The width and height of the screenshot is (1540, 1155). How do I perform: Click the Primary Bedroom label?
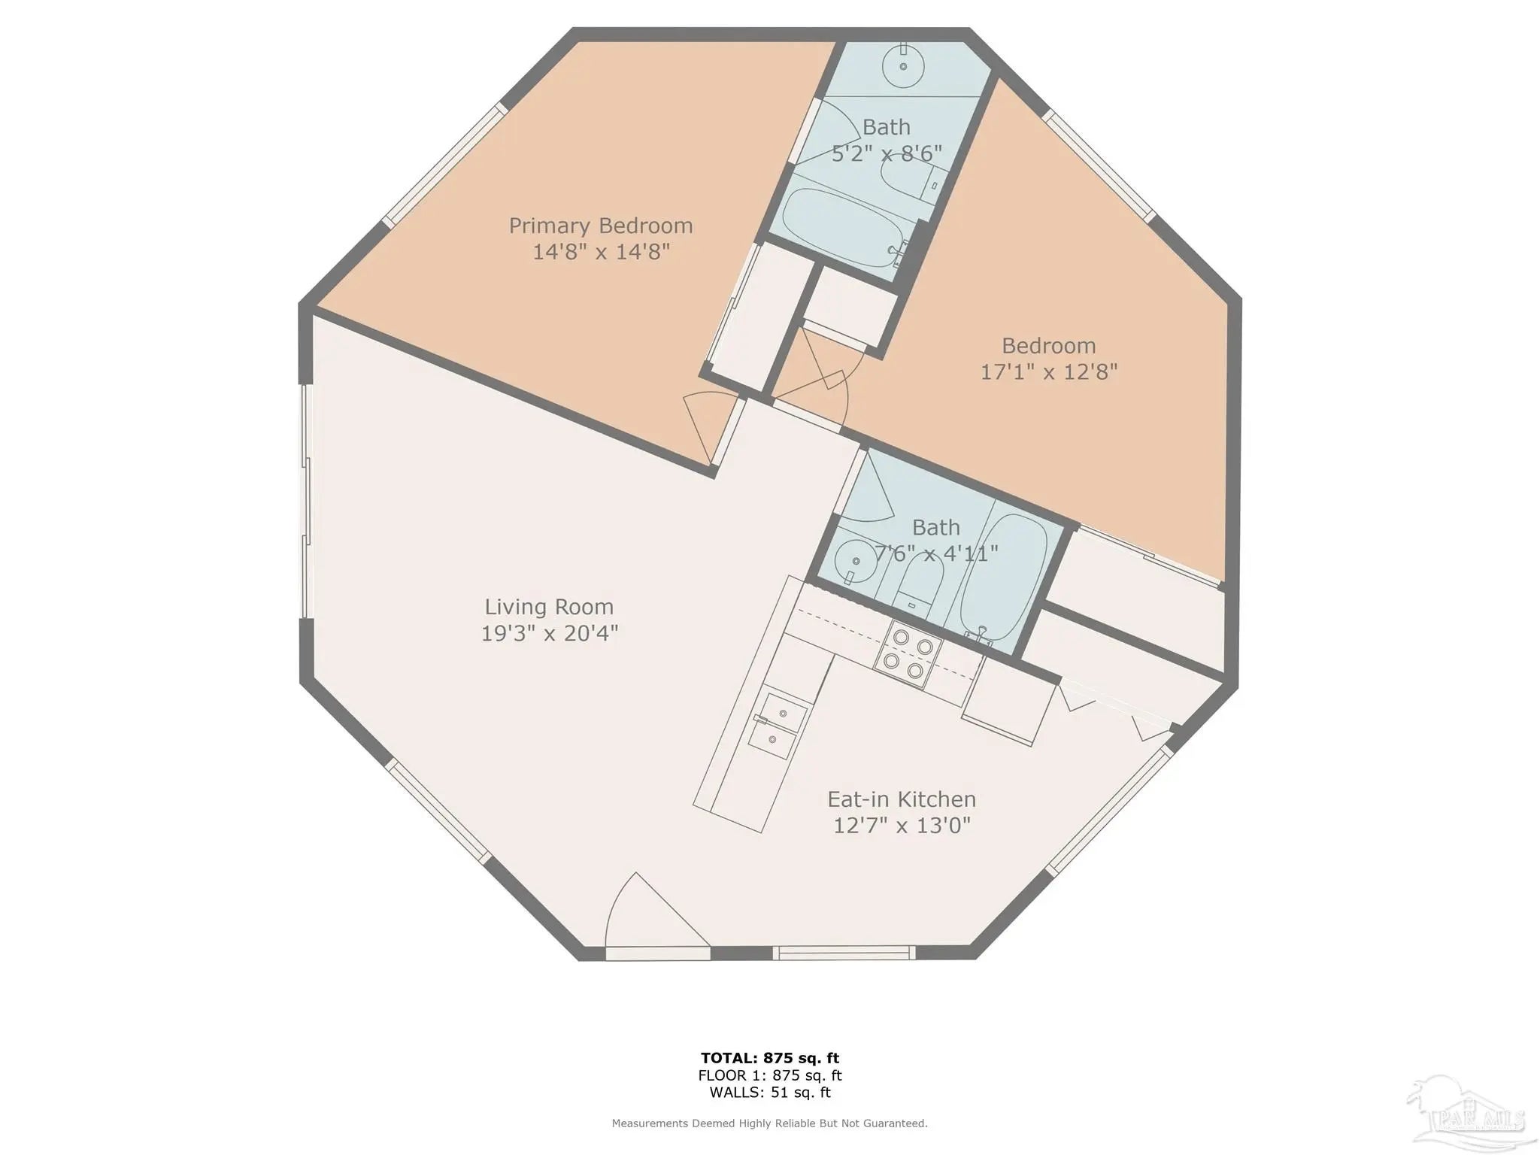[601, 226]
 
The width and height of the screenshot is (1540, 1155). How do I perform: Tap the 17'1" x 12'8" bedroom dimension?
[1049, 371]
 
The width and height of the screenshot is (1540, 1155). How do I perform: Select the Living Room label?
[549, 607]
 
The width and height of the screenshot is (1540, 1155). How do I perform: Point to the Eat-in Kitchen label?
[902, 799]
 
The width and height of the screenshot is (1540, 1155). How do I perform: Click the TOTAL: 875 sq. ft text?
[770, 1059]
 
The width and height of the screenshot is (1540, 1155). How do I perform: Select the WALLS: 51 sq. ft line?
[770, 1093]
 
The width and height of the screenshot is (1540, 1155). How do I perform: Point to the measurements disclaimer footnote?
[770, 1123]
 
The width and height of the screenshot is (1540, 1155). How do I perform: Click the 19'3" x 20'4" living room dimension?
[549, 633]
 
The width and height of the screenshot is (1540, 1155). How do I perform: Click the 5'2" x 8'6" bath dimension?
[887, 153]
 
